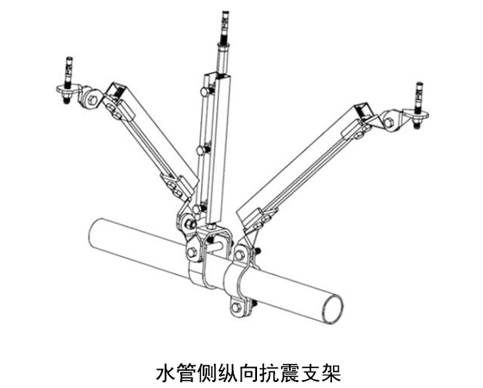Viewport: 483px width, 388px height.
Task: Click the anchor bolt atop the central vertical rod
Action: tap(225, 28)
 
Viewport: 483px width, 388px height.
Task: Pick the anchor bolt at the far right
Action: tap(419, 97)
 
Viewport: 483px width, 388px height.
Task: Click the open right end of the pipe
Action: tap(331, 309)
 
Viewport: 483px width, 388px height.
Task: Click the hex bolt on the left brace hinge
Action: tap(93, 99)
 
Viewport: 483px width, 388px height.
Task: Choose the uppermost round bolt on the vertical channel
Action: tap(205, 91)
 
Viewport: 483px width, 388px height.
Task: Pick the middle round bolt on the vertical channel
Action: tap(202, 150)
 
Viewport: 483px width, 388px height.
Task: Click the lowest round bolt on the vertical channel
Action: tap(198, 210)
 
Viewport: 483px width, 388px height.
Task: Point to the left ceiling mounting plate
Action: tap(68, 91)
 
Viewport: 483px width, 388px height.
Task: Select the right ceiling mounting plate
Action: tap(417, 114)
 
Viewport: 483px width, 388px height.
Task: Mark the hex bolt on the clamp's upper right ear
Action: tap(239, 255)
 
